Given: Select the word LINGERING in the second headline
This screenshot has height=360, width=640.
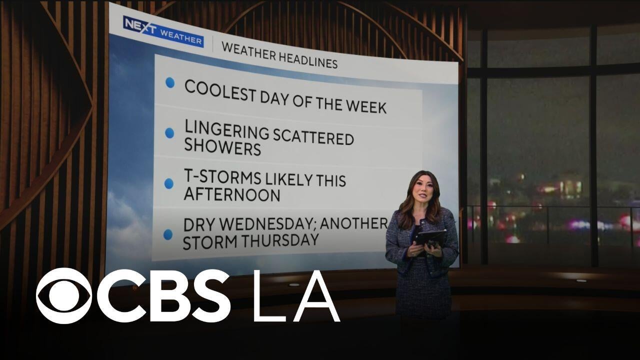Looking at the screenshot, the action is click(x=227, y=130).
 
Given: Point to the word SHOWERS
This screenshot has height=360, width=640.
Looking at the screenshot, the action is click(x=222, y=147).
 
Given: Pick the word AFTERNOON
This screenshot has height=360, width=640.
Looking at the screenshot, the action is click(x=231, y=194).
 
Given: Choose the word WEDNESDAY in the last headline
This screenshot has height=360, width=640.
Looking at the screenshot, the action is click(x=267, y=224).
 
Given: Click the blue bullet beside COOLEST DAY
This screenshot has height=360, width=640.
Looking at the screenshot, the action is click(x=170, y=83).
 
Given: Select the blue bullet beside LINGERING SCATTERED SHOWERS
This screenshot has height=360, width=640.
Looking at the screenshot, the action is click(x=169, y=133).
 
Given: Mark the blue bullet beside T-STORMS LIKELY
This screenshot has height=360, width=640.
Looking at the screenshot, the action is click(x=169, y=183).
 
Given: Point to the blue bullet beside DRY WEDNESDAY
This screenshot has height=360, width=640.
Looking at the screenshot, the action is click(x=168, y=234).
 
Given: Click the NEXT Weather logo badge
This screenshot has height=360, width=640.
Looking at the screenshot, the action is click(x=163, y=31).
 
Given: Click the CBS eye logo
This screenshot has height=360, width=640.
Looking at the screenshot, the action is click(x=64, y=295).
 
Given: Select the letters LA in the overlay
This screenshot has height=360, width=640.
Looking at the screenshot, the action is click(x=296, y=296).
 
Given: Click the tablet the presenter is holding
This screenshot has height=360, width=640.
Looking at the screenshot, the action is click(x=429, y=238).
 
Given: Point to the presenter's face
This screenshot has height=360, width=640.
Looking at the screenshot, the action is click(x=422, y=190).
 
